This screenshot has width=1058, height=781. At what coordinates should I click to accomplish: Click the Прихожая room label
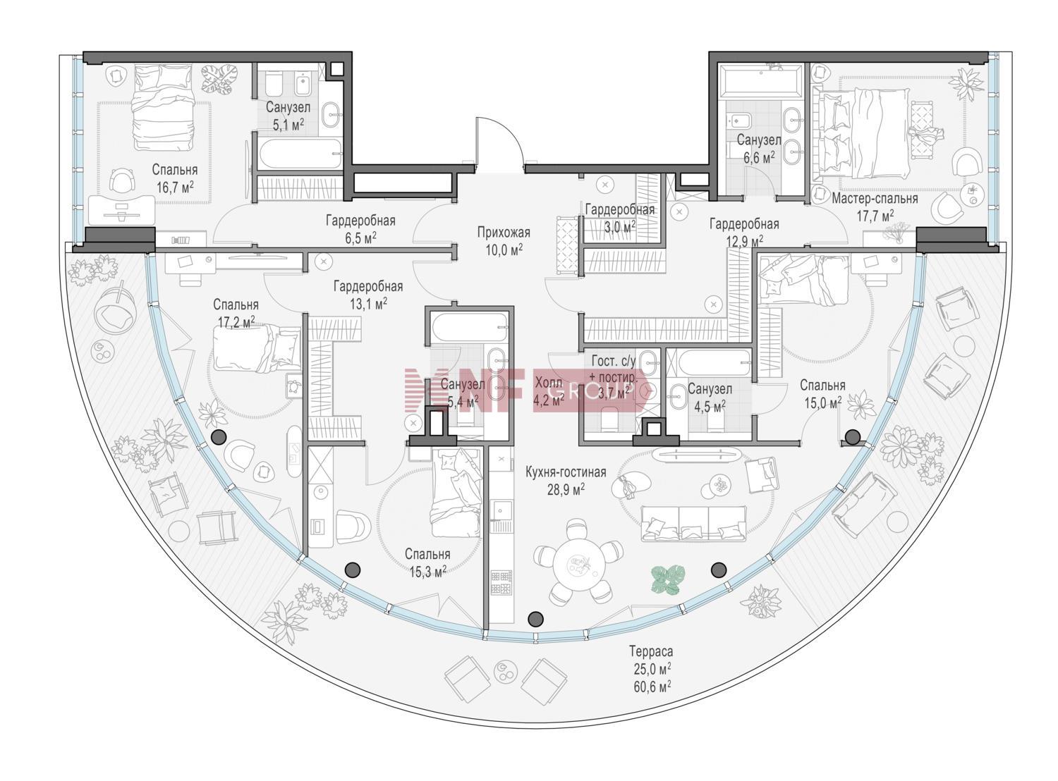(504, 232)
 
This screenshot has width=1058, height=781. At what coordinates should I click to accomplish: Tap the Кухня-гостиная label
(566, 472)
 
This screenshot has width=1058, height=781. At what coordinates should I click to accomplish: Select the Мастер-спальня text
(875, 198)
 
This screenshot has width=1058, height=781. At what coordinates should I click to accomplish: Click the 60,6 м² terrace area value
(652, 686)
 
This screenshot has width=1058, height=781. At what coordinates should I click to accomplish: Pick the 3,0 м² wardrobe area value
(619, 226)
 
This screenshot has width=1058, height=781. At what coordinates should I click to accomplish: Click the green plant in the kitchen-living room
(668, 579)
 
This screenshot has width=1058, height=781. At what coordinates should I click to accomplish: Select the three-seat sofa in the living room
(693, 523)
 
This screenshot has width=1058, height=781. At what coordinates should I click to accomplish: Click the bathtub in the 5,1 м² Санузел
(300, 153)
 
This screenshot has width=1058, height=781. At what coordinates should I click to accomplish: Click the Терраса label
(650, 651)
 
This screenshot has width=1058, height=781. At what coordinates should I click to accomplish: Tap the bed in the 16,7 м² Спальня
(164, 107)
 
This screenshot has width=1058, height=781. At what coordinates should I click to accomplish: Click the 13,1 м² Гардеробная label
(368, 295)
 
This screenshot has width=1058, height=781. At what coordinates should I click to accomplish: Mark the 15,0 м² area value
(823, 402)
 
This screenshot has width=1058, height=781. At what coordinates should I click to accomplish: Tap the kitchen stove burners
(501, 582)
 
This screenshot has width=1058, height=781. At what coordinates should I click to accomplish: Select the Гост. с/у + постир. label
(614, 369)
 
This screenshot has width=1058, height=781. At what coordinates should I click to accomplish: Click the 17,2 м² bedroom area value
(236, 322)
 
